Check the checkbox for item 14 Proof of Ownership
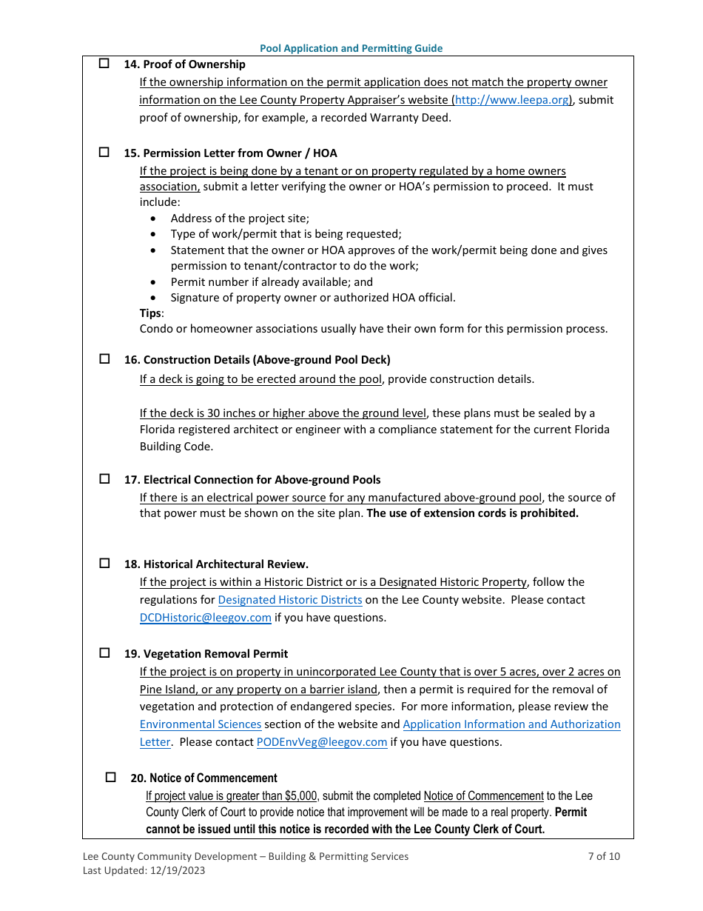[x=104, y=64]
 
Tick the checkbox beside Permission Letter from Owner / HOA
[x=104, y=153]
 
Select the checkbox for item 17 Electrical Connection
[x=104, y=479]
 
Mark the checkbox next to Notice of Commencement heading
[x=111, y=778]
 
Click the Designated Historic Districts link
[x=290, y=600]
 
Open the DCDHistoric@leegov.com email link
[x=205, y=618]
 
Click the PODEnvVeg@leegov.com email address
[x=322, y=742]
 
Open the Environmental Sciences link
[x=200, y=724]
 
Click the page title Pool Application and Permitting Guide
[x=351, y=48]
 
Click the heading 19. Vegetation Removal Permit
[x=206, y=654]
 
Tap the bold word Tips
[x=150, y=313]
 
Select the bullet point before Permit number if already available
[x=153, y=282]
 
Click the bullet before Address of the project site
[x=153, y=218]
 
